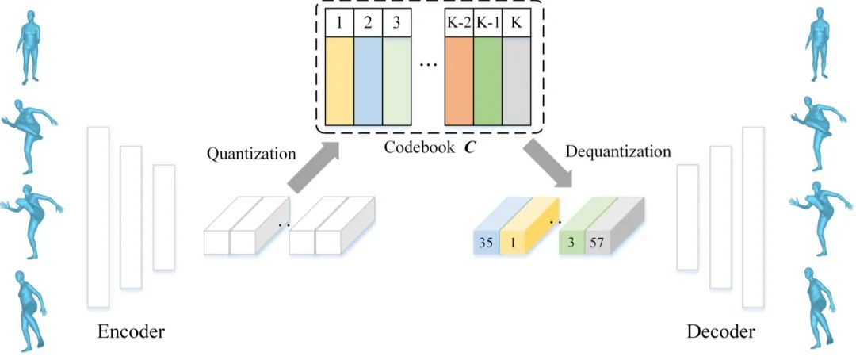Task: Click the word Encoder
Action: click(x=131, y=331)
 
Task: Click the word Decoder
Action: click(x=720, y=331)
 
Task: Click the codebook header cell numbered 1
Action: click(x=339, y=23)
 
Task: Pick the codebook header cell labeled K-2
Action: click(x=459, y=23)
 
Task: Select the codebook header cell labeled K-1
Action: click(x=487, y=23)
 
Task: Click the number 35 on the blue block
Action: click(x=487, y=243)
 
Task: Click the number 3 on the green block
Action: click(x=571, y=243)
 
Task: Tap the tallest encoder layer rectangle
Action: click(x=98, y=216)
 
